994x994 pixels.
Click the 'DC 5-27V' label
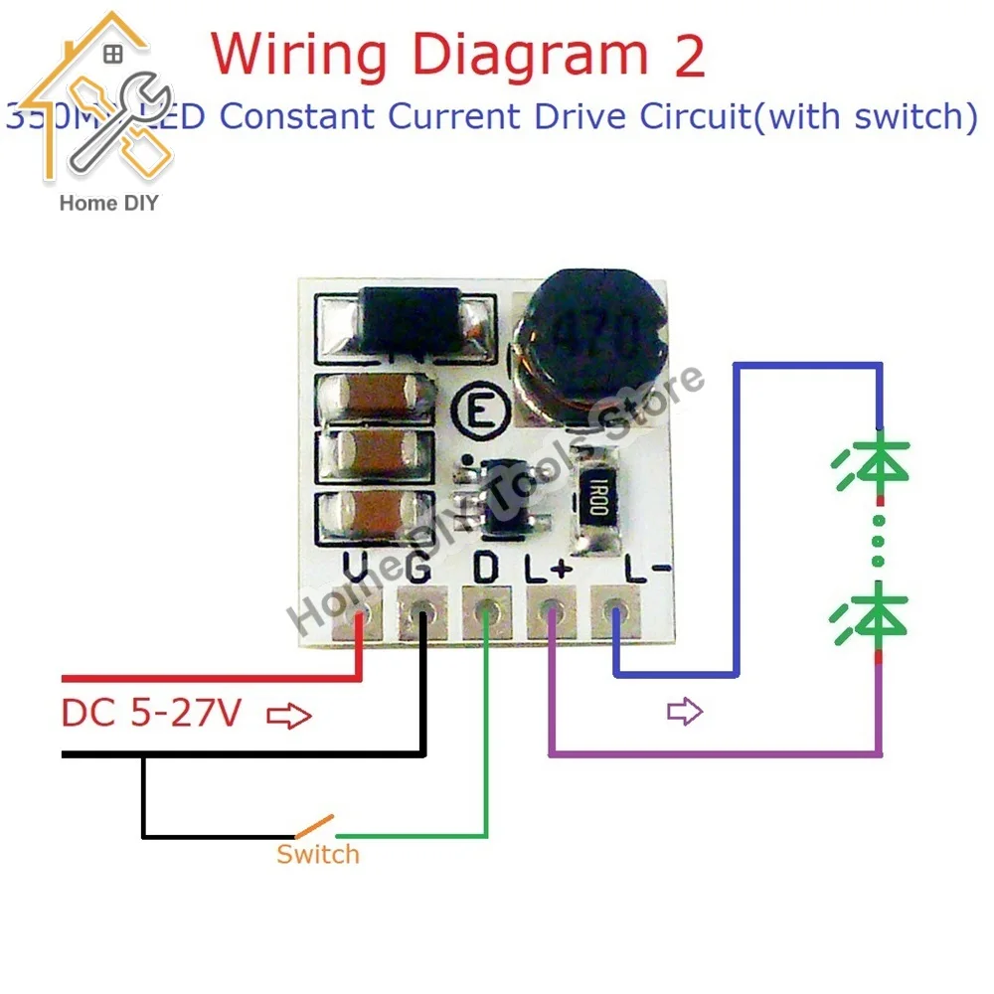pos(150,713)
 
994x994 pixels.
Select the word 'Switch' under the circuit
pos(317,854)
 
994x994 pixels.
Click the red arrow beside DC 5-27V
pos(289,716)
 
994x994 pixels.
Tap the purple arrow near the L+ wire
pos(685,711)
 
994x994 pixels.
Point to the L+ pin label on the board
pos(549,569)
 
